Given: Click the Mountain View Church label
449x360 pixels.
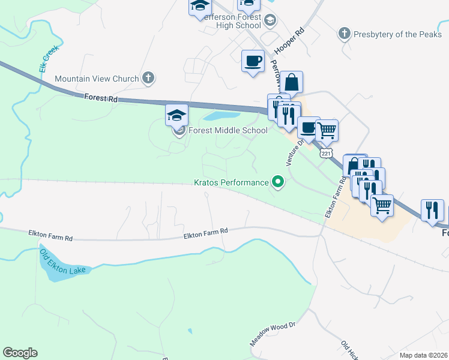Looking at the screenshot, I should pos(96,79).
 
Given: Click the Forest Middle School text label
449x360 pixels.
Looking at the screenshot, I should pos(228,131).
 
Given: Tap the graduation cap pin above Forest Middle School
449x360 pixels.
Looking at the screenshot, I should pos(177,115).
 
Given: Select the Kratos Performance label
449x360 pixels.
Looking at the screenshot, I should pos(231,182).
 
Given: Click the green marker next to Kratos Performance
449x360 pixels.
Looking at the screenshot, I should pos(278,181).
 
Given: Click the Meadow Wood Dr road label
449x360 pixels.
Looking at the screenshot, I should pos(274,334).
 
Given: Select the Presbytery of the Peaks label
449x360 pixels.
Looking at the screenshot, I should pos(397,34).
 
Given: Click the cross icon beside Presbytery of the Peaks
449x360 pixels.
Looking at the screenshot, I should pos(345,34).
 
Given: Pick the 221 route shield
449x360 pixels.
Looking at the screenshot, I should pos(326,153).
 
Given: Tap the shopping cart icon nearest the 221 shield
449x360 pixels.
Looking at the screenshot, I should pos(327,130).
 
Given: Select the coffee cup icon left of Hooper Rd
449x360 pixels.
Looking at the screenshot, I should pos(253,61).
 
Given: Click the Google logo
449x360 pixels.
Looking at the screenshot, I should pos(20,353).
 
